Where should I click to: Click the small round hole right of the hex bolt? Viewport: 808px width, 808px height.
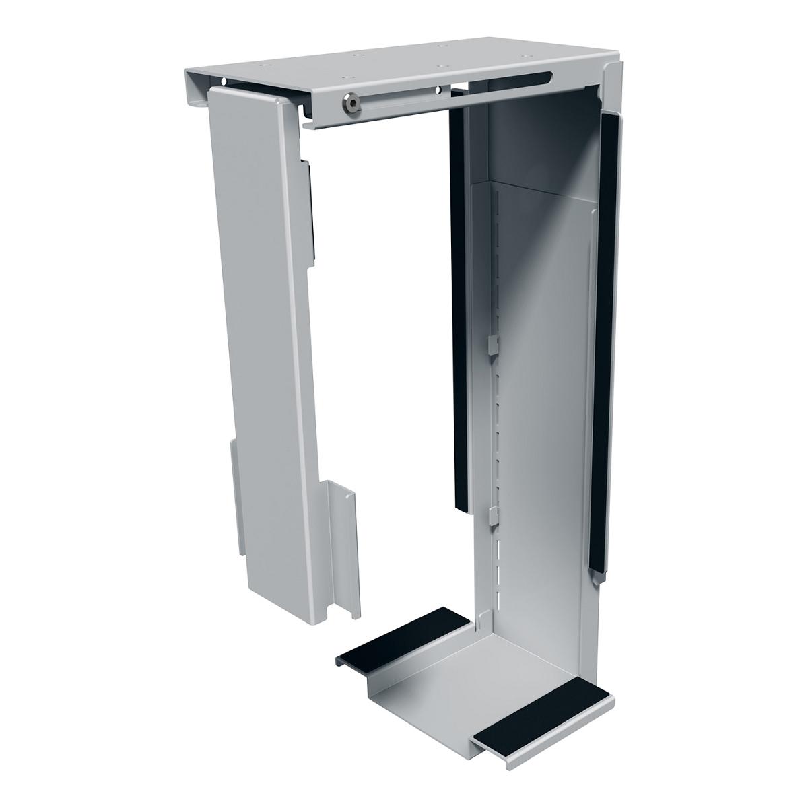[x=438, y=89]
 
